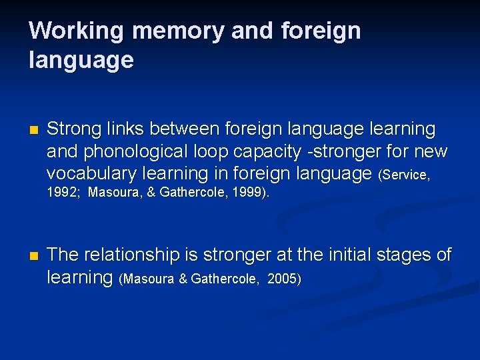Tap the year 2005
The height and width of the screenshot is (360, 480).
(283, 279)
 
